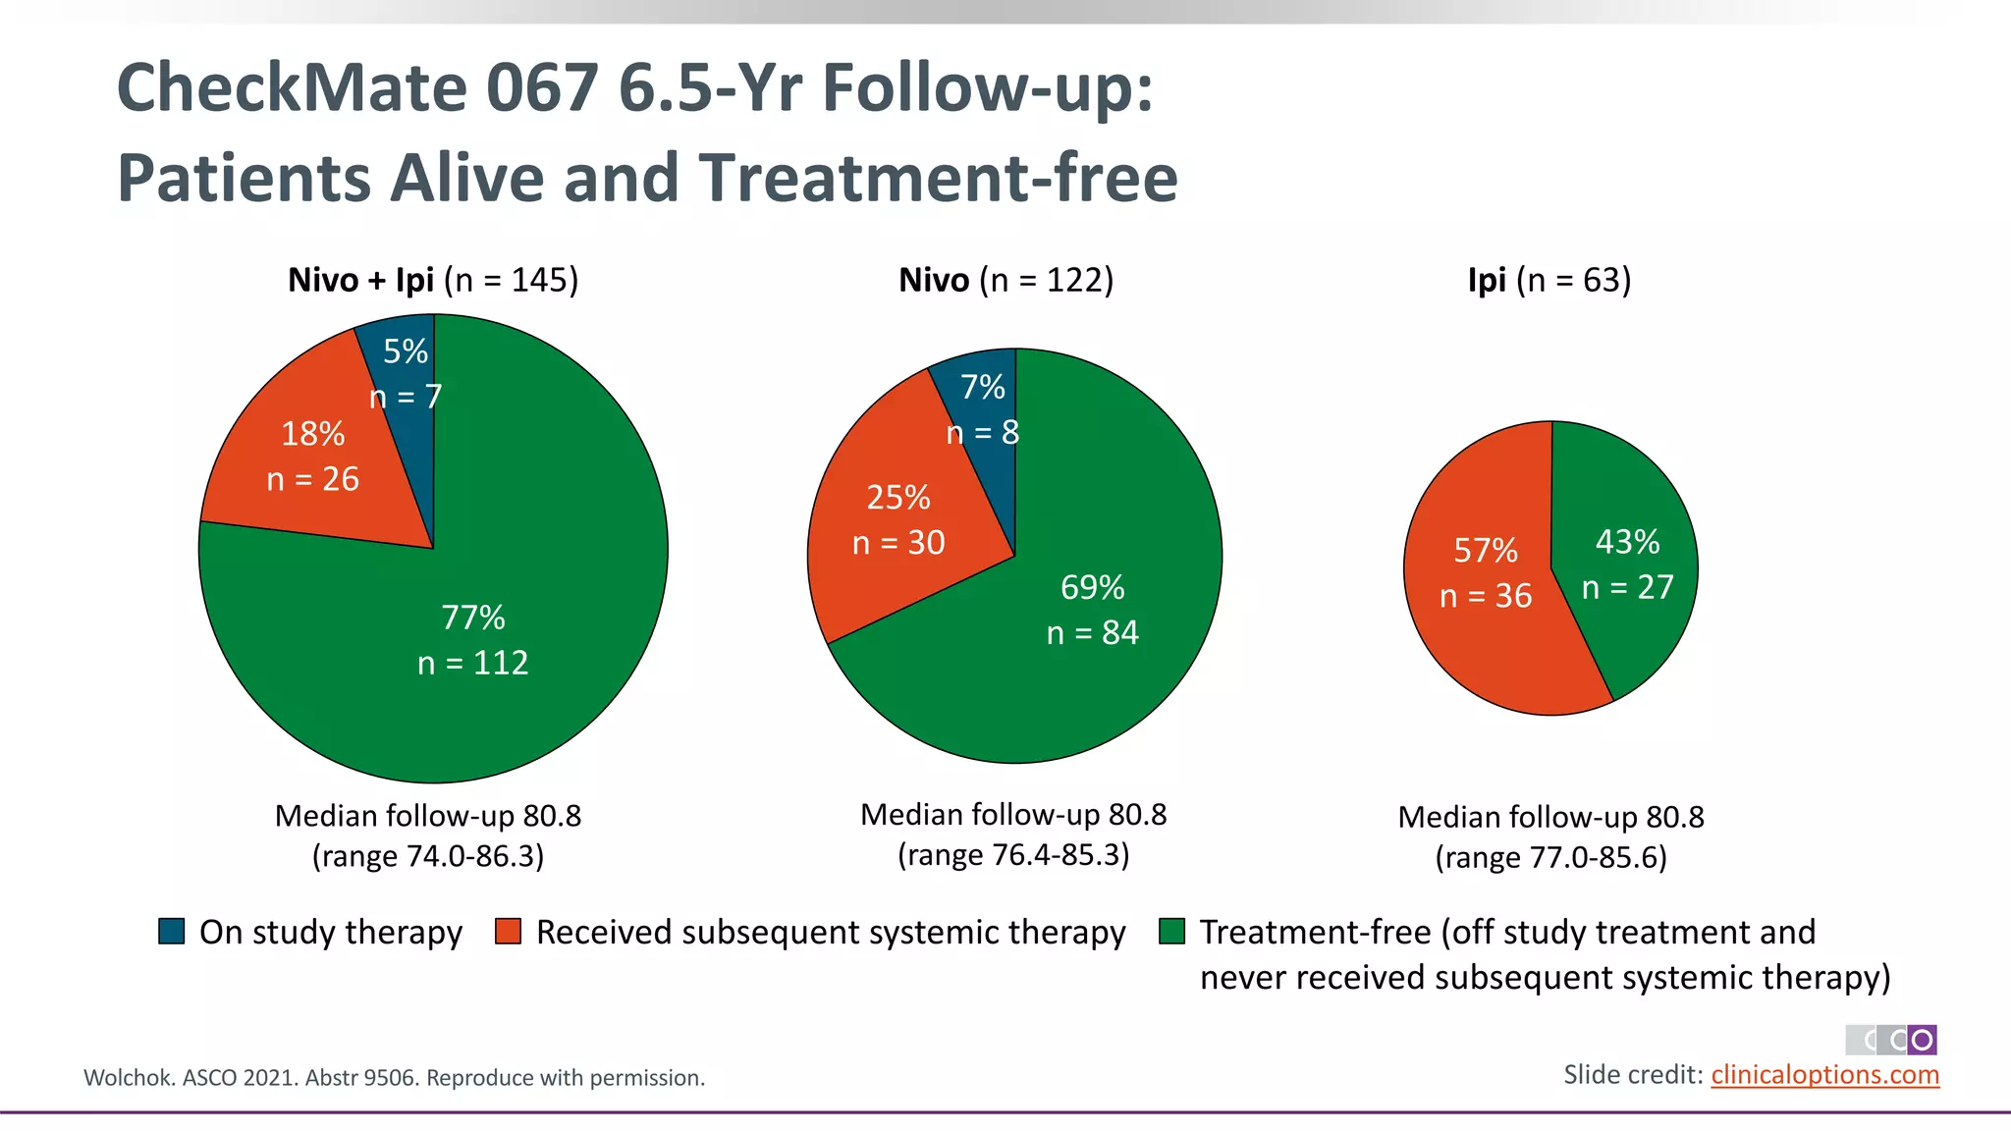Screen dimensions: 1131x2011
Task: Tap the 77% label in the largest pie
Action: [x=472, y=618]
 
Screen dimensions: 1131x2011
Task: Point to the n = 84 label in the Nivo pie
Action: [x=1092, y=633]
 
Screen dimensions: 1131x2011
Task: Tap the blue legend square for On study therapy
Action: [x=172, y=932]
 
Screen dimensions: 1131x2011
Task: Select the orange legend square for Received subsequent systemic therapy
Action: [x=508, y=932]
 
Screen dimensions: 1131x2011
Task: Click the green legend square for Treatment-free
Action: [x=1171, y=932]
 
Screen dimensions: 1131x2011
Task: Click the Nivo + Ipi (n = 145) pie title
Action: [x=433, y=281]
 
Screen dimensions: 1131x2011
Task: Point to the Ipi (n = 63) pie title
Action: [x=1549, y=281]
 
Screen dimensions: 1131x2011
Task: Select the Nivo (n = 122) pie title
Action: [x=1005, y=281]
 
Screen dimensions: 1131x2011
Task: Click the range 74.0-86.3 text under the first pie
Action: [x=428, y=856]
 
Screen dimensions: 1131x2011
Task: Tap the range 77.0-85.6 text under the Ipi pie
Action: [x=1550, y=858]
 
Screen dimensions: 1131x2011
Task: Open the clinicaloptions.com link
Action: [x=1824, y=1075]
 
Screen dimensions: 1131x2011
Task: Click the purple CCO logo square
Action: [x=1922, y=1040]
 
